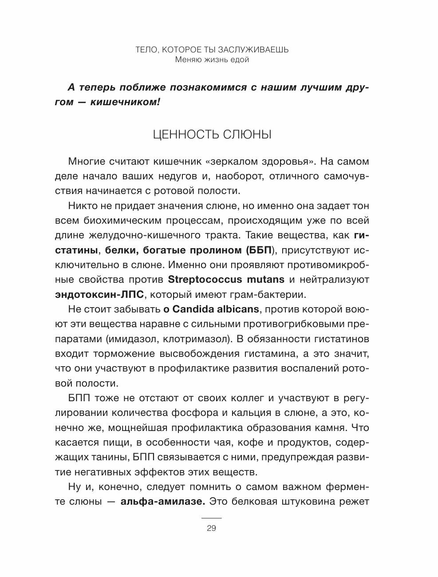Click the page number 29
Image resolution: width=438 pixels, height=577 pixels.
point(211,528)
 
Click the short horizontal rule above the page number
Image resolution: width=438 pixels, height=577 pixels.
point(211,518)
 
